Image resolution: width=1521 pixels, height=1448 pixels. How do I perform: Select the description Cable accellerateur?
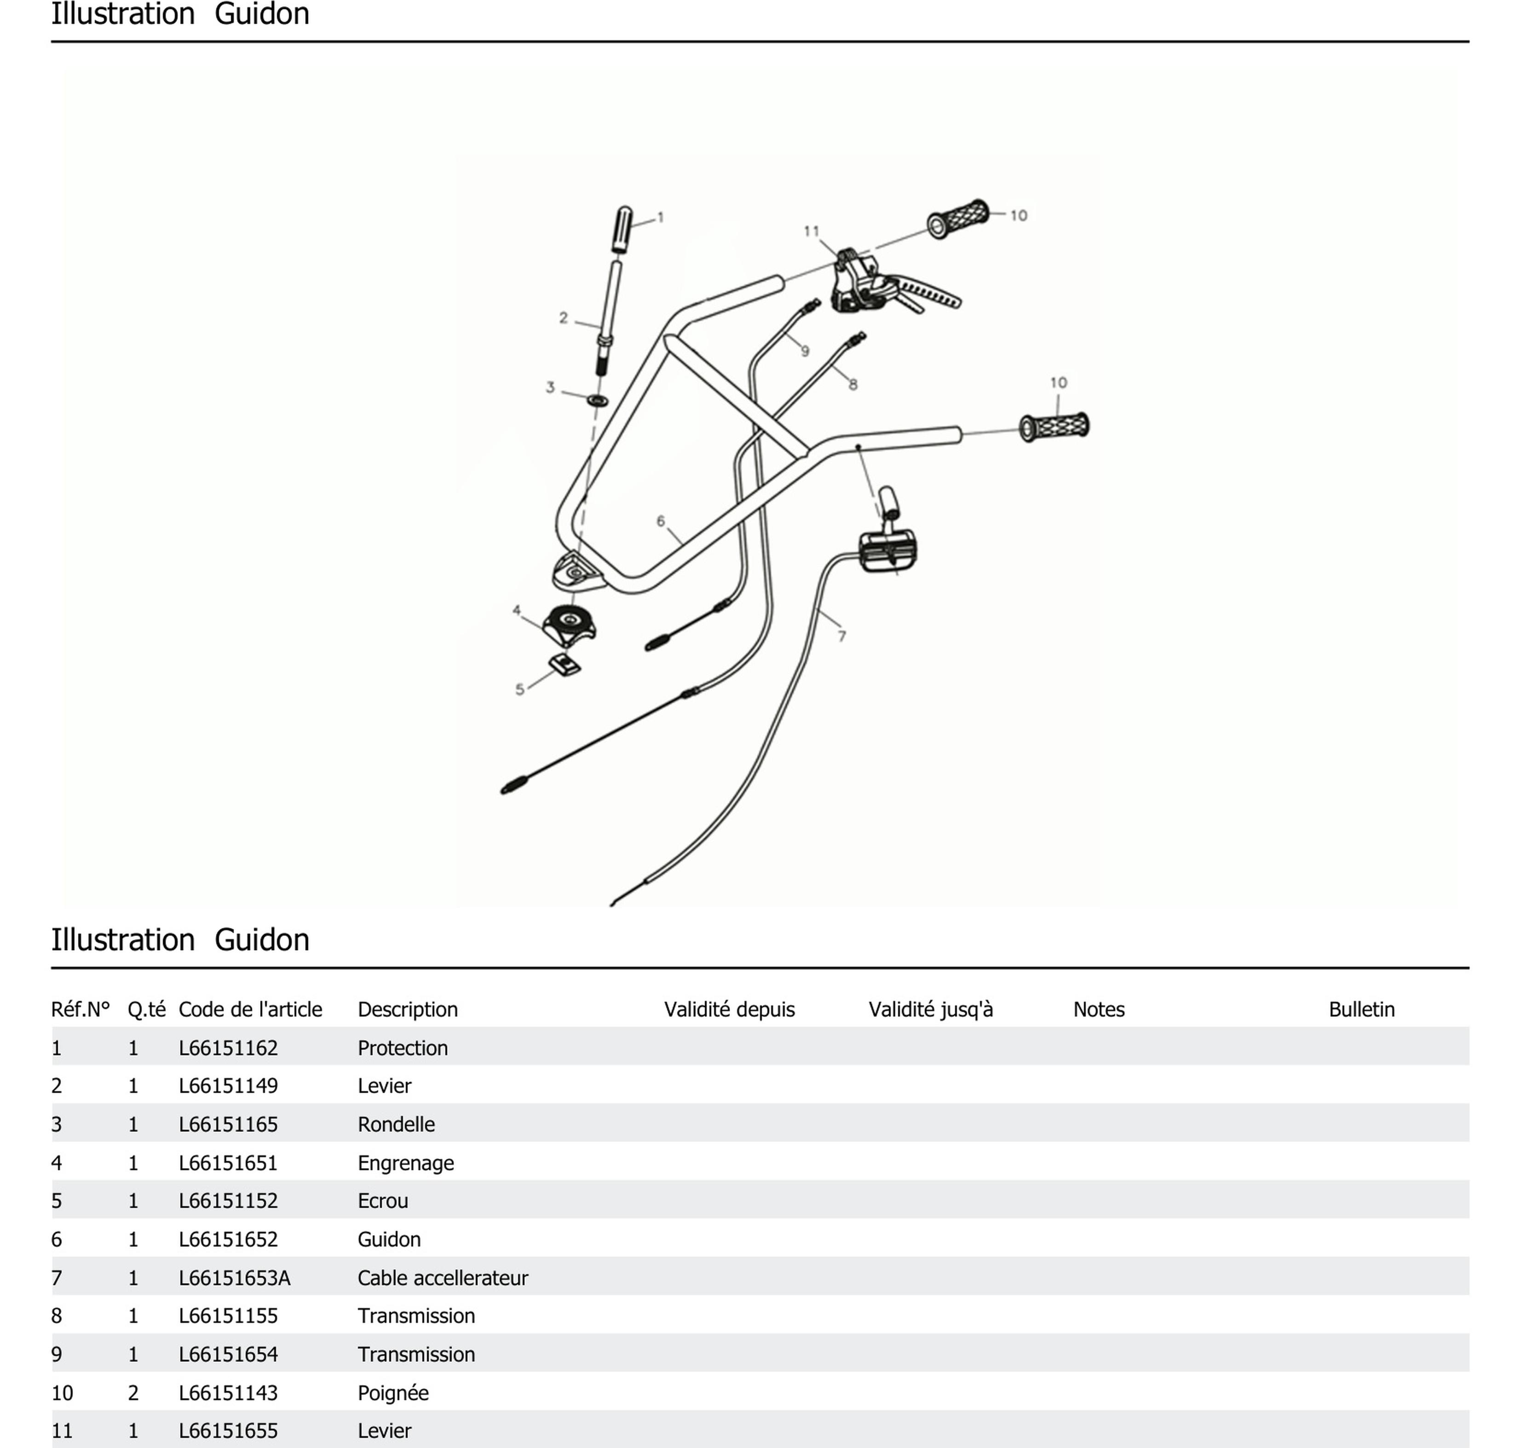point(443,1277)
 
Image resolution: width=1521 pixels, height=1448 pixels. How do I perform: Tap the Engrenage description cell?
point(405,1162)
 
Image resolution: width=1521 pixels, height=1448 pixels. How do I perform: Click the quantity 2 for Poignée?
point(133,1392)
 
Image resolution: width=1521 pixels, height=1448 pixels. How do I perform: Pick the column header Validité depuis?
point(729,1009)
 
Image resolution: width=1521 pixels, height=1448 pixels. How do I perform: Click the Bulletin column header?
point(1361,1009)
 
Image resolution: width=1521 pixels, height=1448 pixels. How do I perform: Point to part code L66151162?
point(228,1047)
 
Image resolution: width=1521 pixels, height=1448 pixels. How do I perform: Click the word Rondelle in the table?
point(396,1124)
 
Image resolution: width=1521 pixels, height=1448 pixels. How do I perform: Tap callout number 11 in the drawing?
point(811,231)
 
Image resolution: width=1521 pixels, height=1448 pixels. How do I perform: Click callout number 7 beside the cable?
point(841,636)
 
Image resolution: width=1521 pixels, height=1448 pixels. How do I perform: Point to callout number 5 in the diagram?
point(519,689)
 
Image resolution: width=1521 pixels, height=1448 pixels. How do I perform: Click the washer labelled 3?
point(597,401)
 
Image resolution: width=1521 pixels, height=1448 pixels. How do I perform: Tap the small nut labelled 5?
point(565,665)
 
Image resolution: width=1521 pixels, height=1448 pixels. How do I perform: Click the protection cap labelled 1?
point(622,229)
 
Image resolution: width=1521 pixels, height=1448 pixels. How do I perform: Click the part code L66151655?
point(228,1430)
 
